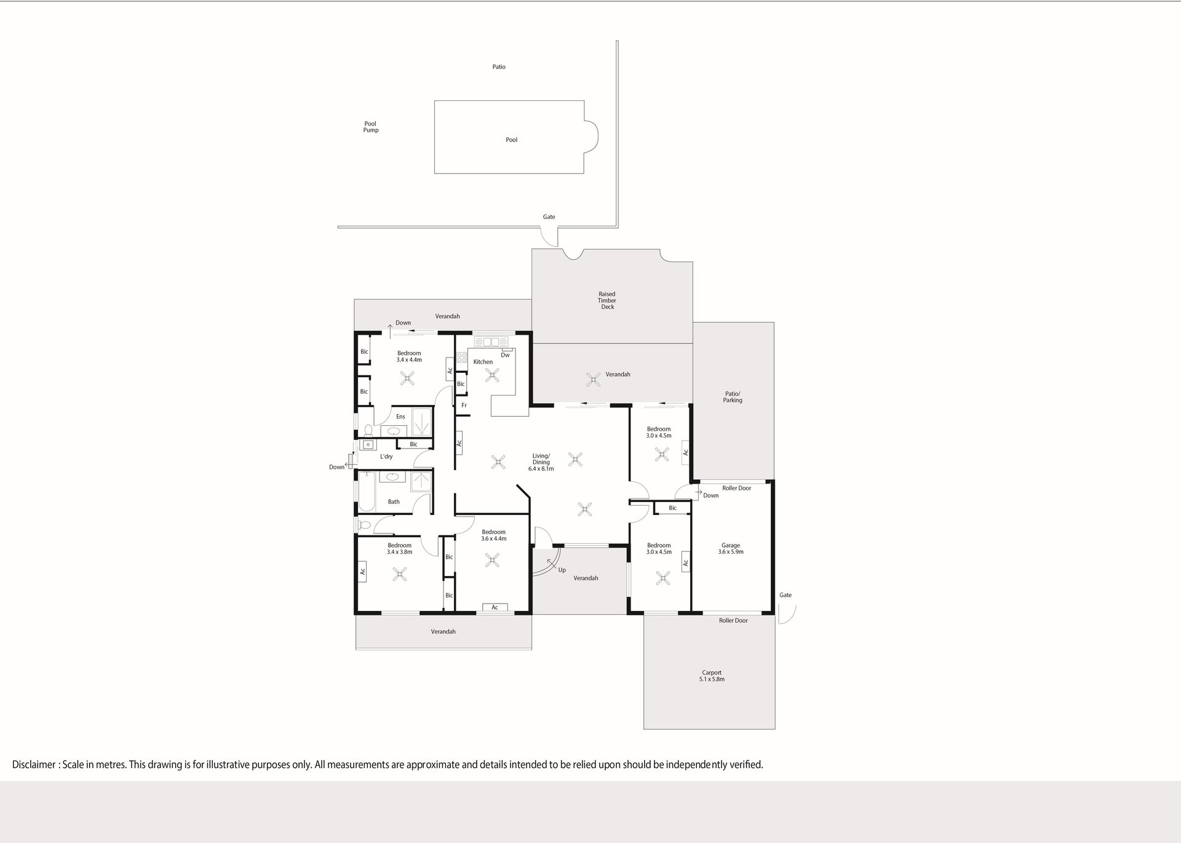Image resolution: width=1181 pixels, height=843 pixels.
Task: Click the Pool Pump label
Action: click(x=370, y=127)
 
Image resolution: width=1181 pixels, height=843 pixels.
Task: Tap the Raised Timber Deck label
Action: click(x=607, y=300)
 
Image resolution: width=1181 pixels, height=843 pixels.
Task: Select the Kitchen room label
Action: click(x=483, y=362)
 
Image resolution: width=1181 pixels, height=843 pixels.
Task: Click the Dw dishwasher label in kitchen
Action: click(x=505, y=355)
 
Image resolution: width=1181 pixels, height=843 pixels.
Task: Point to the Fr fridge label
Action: click(x=464, y=406)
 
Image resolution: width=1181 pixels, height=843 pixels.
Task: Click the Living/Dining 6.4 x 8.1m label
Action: click(x=541, y=462)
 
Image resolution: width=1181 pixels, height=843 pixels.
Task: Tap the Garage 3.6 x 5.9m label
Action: click(x=731, y=548)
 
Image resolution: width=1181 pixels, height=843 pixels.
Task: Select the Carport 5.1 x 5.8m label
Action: click(x=712, y=676)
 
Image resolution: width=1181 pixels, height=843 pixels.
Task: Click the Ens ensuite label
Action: click(x=400, y=417)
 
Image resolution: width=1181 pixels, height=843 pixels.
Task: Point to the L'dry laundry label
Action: click(x=386, y=457)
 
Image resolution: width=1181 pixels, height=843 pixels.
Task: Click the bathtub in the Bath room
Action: click(x=367, y=491)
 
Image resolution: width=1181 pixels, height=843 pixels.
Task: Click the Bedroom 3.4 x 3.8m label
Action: click(x=399, y=548)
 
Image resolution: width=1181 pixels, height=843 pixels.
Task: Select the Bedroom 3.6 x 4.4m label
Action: click(x=493, y=535)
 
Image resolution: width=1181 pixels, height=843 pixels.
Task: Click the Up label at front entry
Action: click(x=562, y=570)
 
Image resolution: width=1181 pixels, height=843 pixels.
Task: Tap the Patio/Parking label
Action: click(x=733, y=397)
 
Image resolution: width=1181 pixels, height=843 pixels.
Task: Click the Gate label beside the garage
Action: click(x=785, y=595)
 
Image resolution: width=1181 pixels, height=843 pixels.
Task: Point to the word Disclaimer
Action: click(x=34, y=765)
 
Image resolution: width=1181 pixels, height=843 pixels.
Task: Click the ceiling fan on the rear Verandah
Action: click(x=593, y=379)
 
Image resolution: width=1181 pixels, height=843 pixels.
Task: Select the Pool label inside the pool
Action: click(x=511, y=140)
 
